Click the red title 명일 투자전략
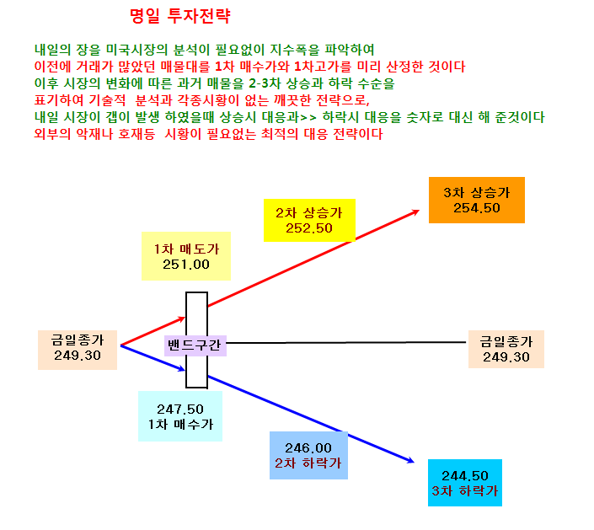click(180, 16)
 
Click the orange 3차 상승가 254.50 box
click(477, 200)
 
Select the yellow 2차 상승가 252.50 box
click(309, 220)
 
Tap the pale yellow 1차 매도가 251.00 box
click(186, 256)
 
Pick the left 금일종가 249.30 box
click(78, 350)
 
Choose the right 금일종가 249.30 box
click(506, 350)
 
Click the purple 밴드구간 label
click(195, 345)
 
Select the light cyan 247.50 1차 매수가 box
click(180, 416)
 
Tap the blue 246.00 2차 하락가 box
click(308, 455)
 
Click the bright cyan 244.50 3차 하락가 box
click(465, 483)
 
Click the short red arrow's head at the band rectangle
click(184, 318)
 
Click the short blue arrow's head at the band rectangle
click(184, 369)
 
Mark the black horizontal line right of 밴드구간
click(346, 342)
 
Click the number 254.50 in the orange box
click(477, 208)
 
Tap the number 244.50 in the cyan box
click(465, 476)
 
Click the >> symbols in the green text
click(308, 117)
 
